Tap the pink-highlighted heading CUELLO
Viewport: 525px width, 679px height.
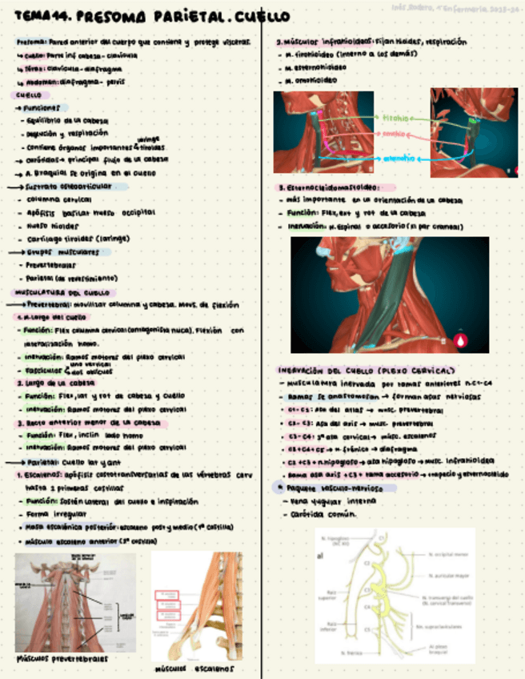[x=29, y=94]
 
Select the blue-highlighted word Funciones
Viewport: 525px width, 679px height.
[x=41, y=106]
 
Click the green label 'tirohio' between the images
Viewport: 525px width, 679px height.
[x=395, y=117]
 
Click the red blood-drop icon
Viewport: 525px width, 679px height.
[x=462, y=340]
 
